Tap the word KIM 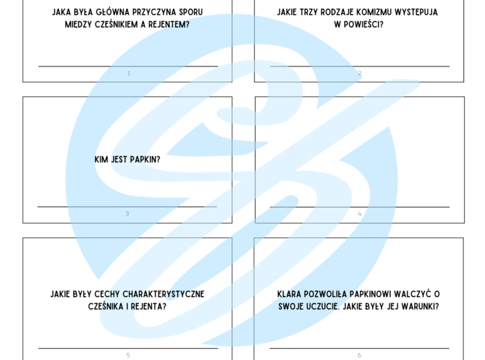102,159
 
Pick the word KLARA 291,294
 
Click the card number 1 128,73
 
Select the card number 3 127,214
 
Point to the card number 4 360,214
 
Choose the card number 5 127,355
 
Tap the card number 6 360,355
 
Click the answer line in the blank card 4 360,206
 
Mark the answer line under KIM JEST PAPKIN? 127,206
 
